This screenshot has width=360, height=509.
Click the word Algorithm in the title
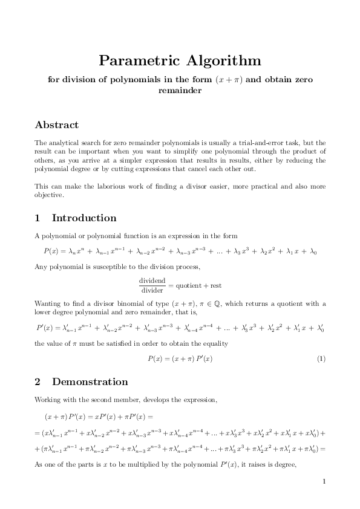[x=223, y=61]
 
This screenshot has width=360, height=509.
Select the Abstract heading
[x=57, y=125]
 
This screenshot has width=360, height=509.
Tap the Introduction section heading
[x=84, y=218]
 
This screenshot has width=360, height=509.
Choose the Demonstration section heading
[x=90, y=382]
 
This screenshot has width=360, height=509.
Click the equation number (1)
[x=321, y=359]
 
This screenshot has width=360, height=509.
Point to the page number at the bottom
[x=324, y=482]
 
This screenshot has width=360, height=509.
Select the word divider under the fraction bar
[x=152, y=290]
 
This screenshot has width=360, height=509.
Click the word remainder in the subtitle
[x=180, y=91]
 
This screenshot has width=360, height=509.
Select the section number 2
[x=38, y=382]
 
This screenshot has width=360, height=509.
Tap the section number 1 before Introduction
[x=38, y=218]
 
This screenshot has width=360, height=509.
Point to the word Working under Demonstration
[x=48, y=400]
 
